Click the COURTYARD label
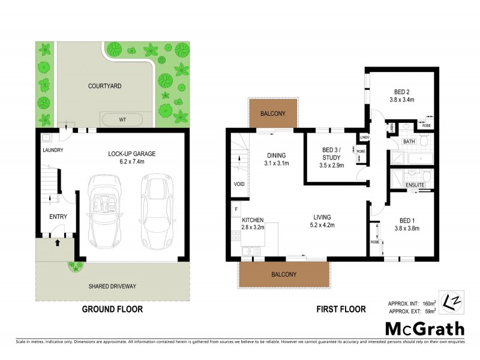click(105, 86)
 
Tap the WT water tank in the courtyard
click(122, 119)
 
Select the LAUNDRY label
click(53, 150)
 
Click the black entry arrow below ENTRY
click(58, 243)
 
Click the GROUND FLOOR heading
click(113, 310)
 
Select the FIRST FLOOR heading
click(340, 310)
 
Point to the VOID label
click(238, 184)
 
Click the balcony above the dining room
click(273, 113)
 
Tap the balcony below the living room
click(284, 275)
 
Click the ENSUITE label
click(415, 185)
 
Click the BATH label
click(409, 142)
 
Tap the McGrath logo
click(424, 328)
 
